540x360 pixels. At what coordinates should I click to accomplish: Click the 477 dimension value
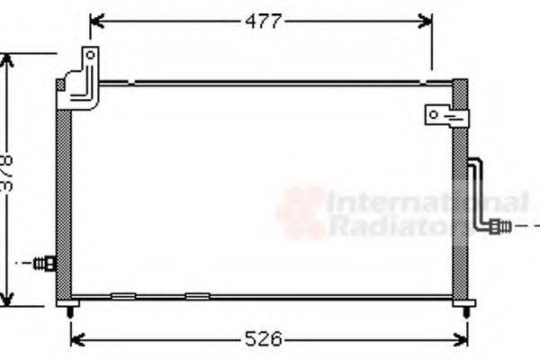point(264,21)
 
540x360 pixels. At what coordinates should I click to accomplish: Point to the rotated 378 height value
point(8,173)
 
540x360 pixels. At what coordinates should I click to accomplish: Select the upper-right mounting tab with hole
point(445,116)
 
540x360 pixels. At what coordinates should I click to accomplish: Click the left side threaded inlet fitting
point(44,264)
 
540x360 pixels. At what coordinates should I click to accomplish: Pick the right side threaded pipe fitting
point(499,226)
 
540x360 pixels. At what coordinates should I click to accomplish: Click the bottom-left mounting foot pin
point(70,310)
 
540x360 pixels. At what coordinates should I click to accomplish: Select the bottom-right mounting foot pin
point(464,310)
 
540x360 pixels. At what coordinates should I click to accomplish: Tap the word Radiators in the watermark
point(396,226)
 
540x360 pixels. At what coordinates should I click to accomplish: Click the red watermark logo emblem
point(301,212)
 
